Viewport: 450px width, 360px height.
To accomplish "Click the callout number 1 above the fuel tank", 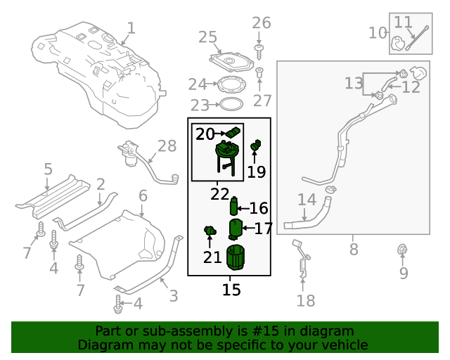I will pos(131,28).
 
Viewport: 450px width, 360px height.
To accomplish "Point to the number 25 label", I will pos(207,37).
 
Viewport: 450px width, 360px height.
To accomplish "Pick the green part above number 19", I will pos(256,146).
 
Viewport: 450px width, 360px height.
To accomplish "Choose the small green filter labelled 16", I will pos(233,207).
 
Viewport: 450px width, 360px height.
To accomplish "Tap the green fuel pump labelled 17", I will pos(236,229).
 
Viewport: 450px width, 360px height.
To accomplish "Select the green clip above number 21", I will pos(209,230).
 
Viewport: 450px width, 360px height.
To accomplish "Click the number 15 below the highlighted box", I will pos(231,289).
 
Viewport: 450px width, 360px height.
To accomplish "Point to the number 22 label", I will pos(219,193).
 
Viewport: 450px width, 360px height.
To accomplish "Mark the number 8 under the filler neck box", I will pos(354,249).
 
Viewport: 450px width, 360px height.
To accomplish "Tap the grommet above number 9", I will pos(403,250).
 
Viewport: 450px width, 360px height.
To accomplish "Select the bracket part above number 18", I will pos(302,258).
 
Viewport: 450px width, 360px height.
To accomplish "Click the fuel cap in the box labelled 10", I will pos(398,44).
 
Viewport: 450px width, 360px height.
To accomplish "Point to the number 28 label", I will pos(167,146).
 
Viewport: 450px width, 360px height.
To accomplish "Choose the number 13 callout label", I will pos(354,84).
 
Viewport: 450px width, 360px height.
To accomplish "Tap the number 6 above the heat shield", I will pos(143,195).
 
